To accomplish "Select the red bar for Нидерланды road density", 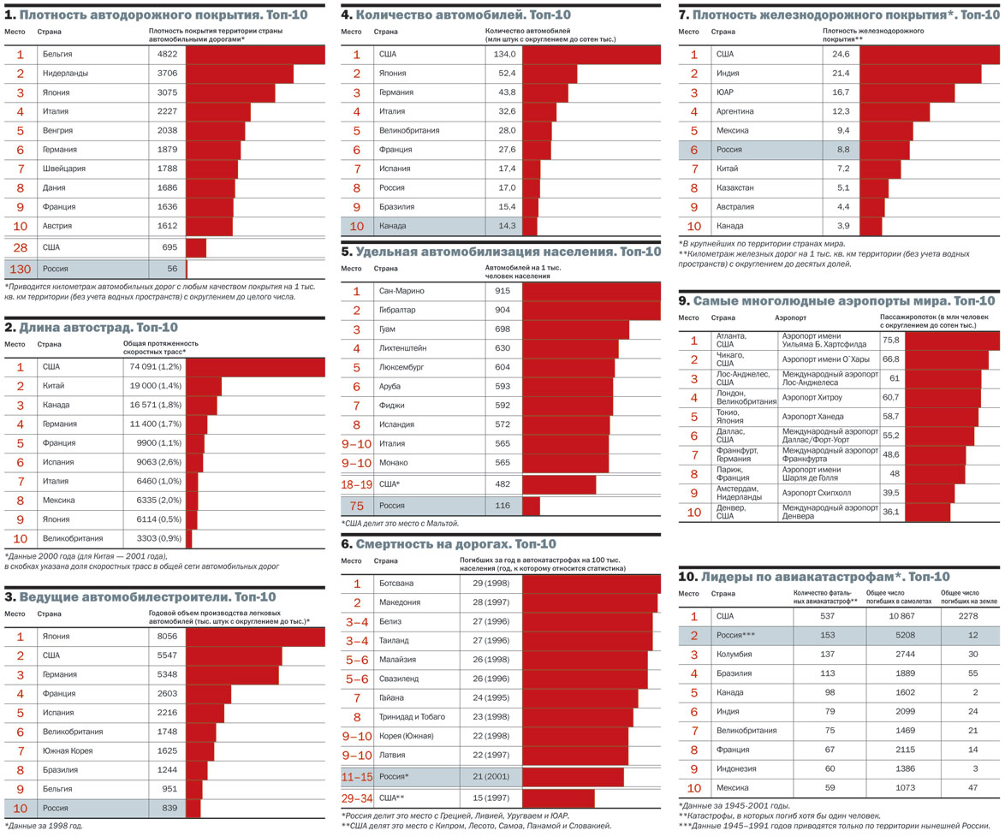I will click(x=240, y=74).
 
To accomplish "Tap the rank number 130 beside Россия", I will click(x=19, y=269).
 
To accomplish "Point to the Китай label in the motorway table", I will click(x=54, y=386).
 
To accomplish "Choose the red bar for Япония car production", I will click(x=255, y=637).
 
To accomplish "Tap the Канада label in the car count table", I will click(x=393, y=227).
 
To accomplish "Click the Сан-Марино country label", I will click(x=401, y=292).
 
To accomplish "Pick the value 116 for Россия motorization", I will click(x=502, y=507).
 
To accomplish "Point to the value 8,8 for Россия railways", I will click(x=841, y=150).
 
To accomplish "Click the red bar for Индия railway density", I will click(x=920, y=74).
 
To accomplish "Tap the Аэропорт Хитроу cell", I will click(x=812, y=398).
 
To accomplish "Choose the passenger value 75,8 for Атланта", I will click(x=890, y=341).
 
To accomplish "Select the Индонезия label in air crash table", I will click(x=735, y=769).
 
